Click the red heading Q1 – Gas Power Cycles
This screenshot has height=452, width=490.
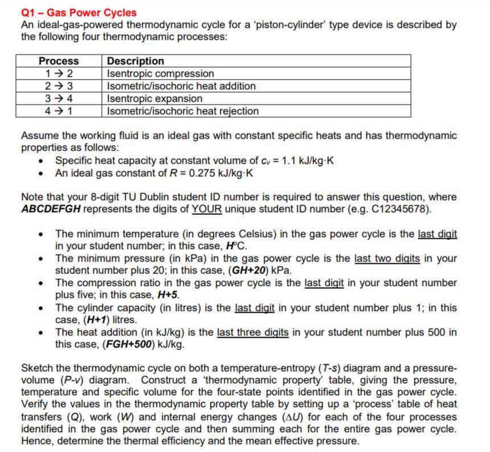pyautogui.click(x=79, y=12)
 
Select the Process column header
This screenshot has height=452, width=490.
pyautogui.click(x=59, y=61)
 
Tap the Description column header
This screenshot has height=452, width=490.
pyautogui.click(x=135, y=61)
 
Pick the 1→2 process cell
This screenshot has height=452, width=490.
pyautogui.click(x=59, y=73)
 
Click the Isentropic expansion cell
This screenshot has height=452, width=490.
pyautogui.click(x=154, y=98)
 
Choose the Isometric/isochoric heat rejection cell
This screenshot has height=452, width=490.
pyautogui.click(x=183, y=111)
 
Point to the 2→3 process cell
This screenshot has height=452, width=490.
pyautogui.click(x=59, y=86)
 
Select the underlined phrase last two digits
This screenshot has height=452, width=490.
pyautogui.click(x=387, y=258)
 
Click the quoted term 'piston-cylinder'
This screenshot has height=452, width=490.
pyautogui.click(x=326, y=25)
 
